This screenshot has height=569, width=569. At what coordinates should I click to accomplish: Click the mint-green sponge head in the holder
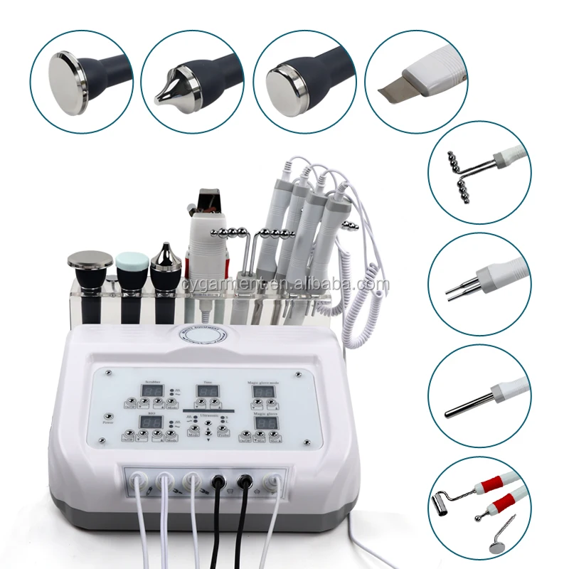click(130, 262)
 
